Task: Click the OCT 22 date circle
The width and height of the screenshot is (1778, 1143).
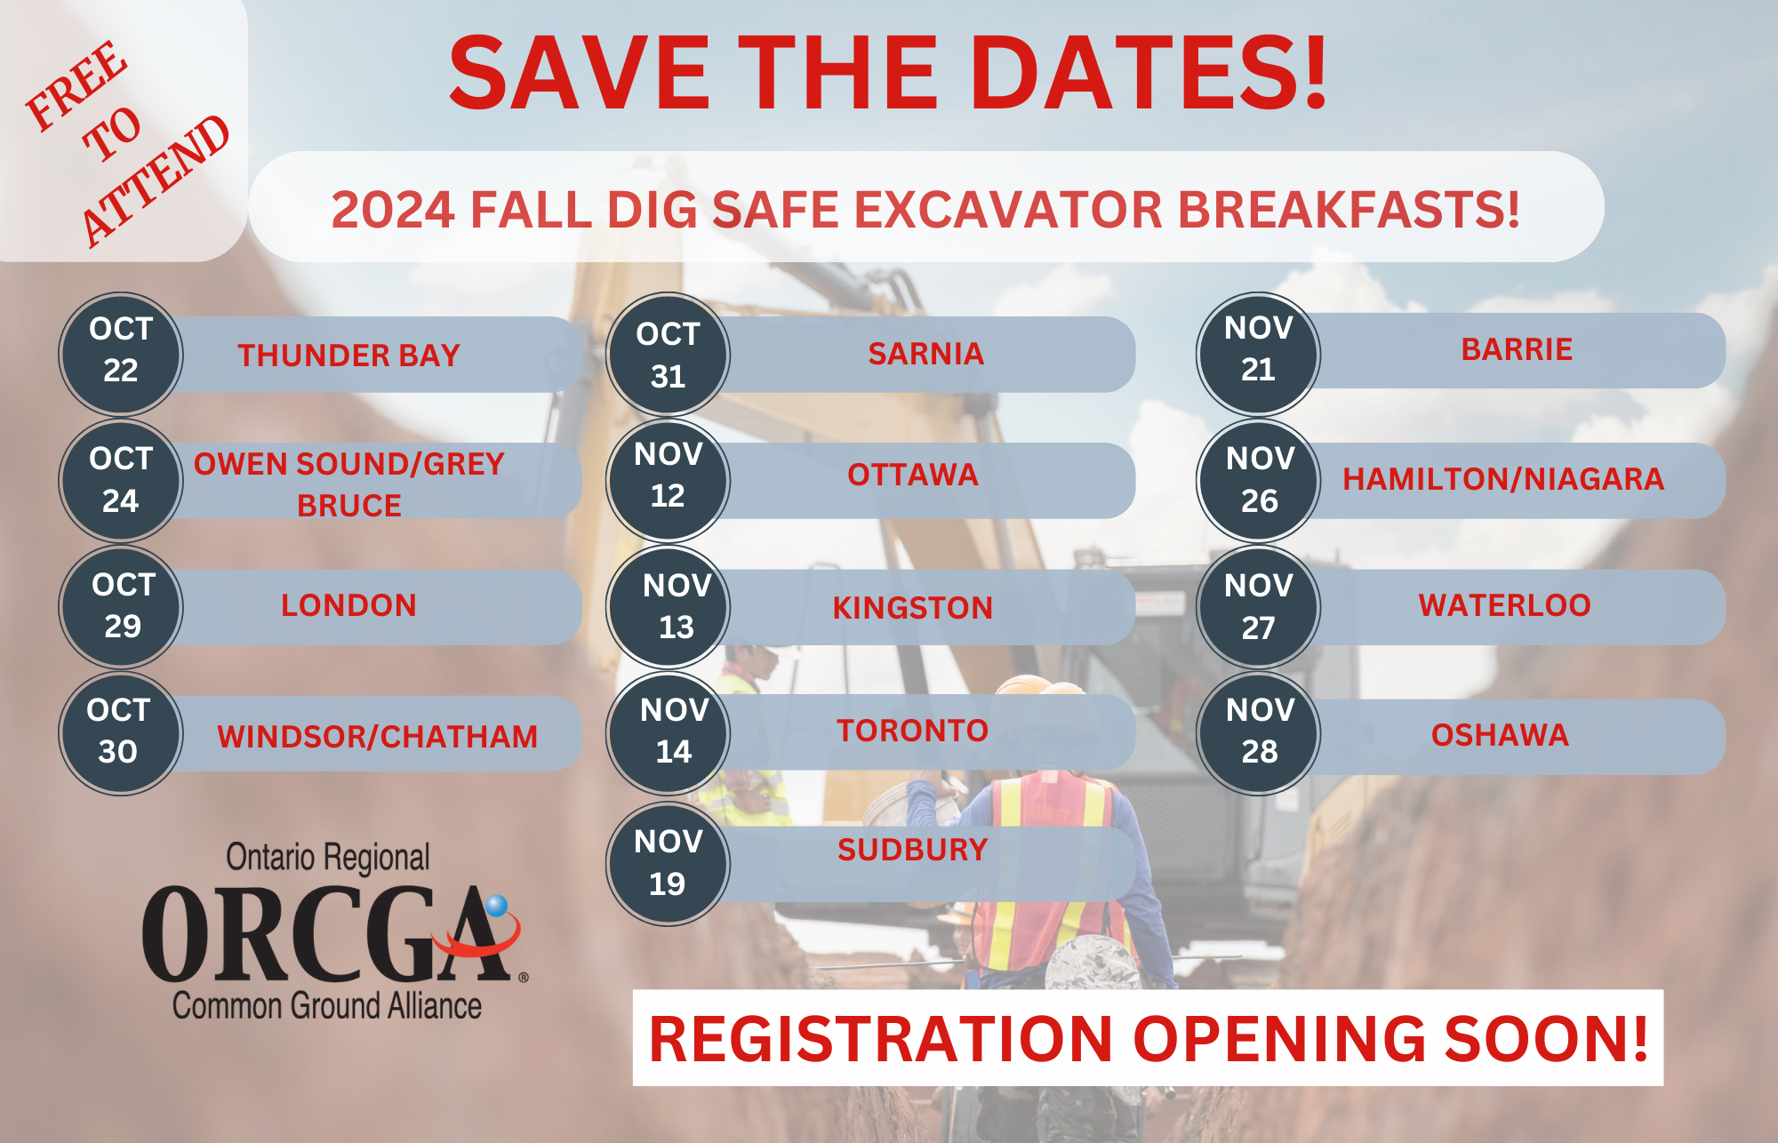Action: (x=121, y=354)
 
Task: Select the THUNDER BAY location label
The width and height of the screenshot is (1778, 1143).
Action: (x=348, y=356)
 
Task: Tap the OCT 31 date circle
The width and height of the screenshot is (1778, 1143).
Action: (x=668, y=354)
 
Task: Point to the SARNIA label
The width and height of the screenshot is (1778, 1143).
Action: (x=925, y=354)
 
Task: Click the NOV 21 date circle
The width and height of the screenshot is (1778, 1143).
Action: (x=1258, y=354)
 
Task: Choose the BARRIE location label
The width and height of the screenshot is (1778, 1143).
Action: (x=1517, y=349)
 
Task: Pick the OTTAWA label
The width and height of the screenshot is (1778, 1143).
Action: (x=912, y=475)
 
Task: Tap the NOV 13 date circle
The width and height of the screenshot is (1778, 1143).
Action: (x=668, y=607)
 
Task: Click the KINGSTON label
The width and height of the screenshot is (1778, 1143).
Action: (x=912, y=608)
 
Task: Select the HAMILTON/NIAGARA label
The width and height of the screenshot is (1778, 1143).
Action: (x=1503, y=479)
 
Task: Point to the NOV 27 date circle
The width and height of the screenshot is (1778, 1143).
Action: (x=1258, y=607)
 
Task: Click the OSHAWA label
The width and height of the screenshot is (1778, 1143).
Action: (x=1500, y=735)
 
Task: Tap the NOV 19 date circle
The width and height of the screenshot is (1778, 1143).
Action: (x=668, y=864)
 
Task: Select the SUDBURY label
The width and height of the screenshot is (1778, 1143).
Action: (x=912, y=850)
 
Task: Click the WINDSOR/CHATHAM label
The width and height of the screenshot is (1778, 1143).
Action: (x=377, y=737)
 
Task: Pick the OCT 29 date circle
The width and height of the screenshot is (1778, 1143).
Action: (x=121, y=607)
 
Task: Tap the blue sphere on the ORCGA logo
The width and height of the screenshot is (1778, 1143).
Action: (x=496, y=906)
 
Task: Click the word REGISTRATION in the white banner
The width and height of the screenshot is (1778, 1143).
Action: (x=880, y=1038)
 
